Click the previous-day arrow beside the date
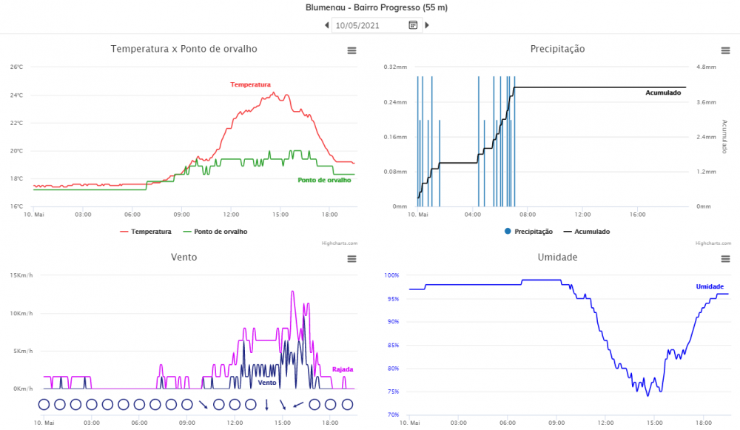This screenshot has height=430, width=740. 327,25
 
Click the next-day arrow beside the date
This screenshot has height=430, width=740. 426,25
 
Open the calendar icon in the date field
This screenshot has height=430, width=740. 413,25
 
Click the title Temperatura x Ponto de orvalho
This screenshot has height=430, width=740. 184,49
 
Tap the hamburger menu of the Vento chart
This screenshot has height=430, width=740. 351,259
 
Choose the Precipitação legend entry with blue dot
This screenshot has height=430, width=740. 528,232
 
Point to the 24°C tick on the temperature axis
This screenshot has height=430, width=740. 16,95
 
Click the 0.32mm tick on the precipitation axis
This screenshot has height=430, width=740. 395,67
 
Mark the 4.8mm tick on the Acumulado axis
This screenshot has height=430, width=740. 706,67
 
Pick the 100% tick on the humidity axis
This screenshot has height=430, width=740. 391,275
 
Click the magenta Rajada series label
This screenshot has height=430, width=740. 342,369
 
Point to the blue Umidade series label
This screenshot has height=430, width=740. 710,286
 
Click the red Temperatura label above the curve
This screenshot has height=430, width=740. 250,85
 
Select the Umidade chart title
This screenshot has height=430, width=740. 556,258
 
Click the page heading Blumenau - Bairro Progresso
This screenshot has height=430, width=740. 376,8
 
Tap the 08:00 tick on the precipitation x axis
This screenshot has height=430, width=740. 528,215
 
